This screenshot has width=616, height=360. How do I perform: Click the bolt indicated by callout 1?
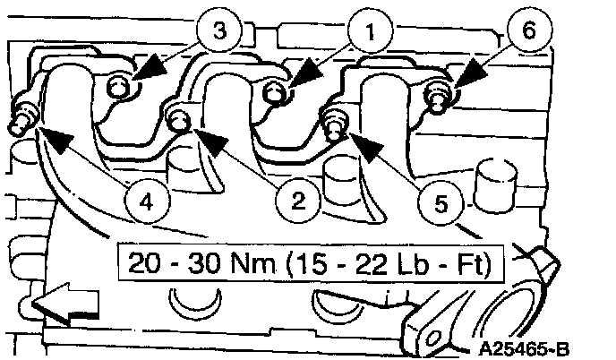point(278,90)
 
